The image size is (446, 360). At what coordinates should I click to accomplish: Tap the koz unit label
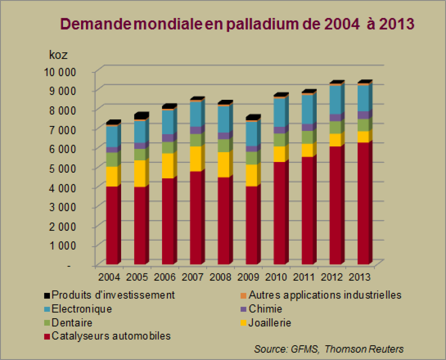58,55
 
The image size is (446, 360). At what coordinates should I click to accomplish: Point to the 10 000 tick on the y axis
60,72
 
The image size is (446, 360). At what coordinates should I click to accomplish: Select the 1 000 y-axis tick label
62,246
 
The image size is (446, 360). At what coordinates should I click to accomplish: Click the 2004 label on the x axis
109,277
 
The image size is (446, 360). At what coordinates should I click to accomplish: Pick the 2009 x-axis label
248,277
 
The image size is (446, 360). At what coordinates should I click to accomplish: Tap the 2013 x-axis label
359,277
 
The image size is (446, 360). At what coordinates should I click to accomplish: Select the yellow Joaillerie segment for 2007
196,159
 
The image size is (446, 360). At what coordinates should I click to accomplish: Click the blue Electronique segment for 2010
279,112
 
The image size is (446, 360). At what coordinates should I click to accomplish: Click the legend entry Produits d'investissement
113,295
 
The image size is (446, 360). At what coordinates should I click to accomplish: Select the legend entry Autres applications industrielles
325,295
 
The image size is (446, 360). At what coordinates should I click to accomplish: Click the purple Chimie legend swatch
244,309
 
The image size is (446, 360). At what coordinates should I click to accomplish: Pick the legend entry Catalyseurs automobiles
111,336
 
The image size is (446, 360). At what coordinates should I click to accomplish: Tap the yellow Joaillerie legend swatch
244,323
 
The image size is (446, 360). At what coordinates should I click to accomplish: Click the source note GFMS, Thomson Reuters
329,349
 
